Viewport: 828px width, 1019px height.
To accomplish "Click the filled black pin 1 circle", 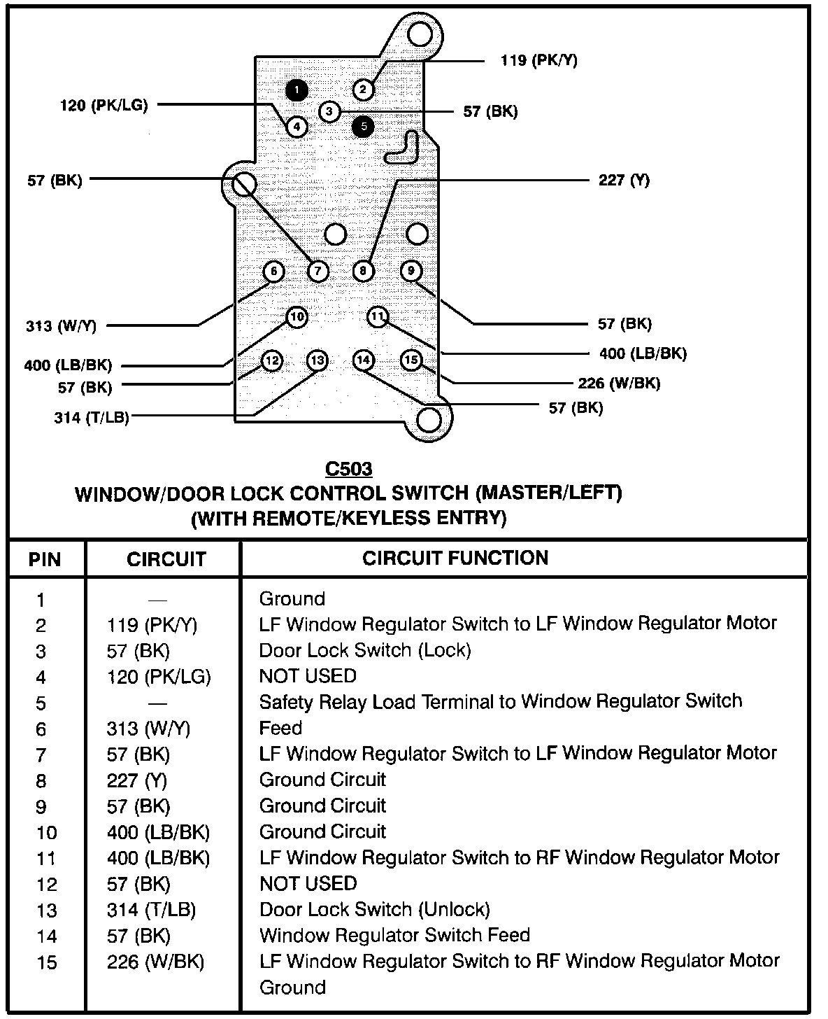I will pos(297,90).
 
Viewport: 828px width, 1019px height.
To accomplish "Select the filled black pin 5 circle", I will pos(363,127).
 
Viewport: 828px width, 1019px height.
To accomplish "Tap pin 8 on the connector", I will pos(363,271).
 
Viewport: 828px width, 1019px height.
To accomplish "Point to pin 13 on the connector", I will pos(317,360).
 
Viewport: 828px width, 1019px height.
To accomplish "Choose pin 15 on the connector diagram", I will pos(411,360).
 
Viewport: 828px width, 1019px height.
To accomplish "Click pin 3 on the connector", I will pos(329,111).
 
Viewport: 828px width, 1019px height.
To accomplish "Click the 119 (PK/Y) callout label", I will pos(538,60).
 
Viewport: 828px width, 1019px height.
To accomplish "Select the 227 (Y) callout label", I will pos(624,180).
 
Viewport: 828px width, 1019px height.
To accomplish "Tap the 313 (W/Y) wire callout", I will pos(61,325).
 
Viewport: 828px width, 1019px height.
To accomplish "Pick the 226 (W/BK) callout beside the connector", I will pos(618,383).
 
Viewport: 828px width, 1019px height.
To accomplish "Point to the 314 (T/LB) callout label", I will pos(91,418).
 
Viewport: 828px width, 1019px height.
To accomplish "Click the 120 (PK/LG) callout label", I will pos(103,106).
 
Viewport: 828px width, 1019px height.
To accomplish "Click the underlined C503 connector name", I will pos(348,468).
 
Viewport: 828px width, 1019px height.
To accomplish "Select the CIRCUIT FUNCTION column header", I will pos(455,558).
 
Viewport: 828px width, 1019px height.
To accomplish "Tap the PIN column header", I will pos(45,560).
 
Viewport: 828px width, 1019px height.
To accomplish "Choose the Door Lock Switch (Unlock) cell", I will pos(374,909).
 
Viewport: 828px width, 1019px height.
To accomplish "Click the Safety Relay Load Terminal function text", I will pos(500,701).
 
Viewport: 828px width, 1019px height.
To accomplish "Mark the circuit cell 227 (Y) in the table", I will pos(137,780).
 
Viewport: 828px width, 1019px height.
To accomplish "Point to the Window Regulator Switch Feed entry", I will pos(394,935).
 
